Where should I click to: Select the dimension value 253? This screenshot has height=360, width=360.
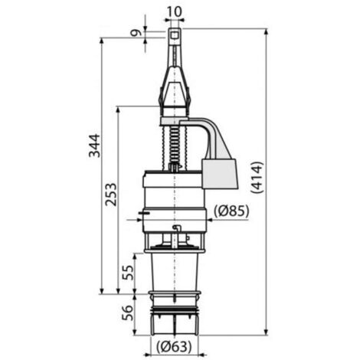[111, 195]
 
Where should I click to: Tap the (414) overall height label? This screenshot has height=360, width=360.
[257, 177]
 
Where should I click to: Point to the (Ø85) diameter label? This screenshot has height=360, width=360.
[231, 211]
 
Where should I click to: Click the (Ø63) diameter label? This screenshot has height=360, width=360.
[174, 347]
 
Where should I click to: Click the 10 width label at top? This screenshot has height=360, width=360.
[175, 11]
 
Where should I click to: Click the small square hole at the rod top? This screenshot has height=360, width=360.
[175, 34]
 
